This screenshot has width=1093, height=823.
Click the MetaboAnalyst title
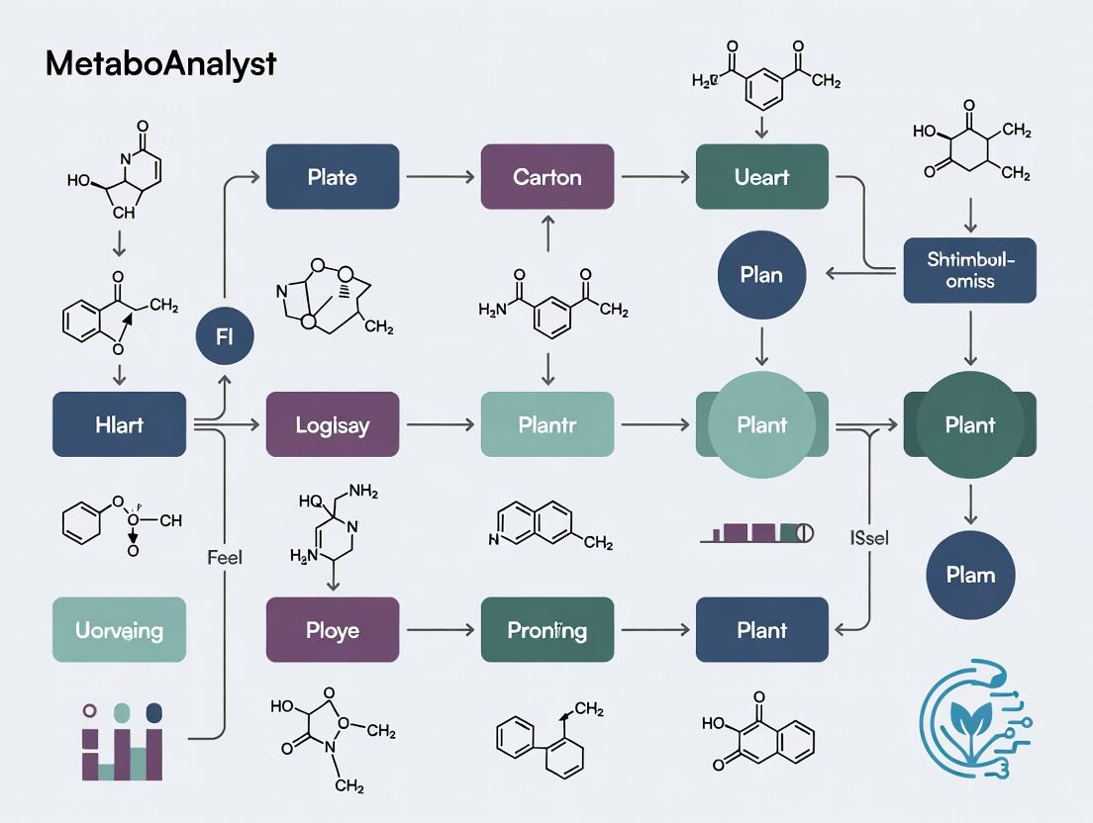pyautogui.click(x=160, y=63)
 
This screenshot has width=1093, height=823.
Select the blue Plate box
pyautogui.click(x=333, y=177)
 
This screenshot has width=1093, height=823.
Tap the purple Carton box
pyautogui.click(x=547, y=177)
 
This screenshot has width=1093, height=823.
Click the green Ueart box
pyautogui.click(x=761, y=177)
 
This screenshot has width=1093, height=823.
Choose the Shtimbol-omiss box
pyautogui.click(x=969, y=270)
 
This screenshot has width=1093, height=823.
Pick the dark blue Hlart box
pyautogui.click(x=119, y=424)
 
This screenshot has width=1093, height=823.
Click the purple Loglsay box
pyautogui.click(x=333, y=424)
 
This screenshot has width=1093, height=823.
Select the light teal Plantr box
pyautogui.click(x=547, y=424)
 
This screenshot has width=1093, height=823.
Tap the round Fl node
pyautogui.click(x=224, y=336)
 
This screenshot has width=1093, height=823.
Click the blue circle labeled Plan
pyautogui.click(x=761, y=274)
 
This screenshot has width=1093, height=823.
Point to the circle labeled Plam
pyautogui.click(x=970, y=575)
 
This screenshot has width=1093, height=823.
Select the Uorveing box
pyautogui.click(x=119, y=629)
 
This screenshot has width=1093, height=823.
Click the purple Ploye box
pyautogui.click(x=333, y=629)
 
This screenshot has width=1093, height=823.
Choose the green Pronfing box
pyautogui.click(x=547, y=629)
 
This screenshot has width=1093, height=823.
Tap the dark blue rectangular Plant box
pyautogui.click(x=761, y=629)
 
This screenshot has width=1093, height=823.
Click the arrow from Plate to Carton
pyautogui.click(x=440, y=177)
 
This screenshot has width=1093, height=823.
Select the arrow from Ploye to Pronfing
pyautogui.click(x=440, y=629)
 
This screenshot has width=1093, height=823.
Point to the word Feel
pyautogui.click(x=225, y=557)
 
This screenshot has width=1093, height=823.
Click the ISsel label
pyautogui.click(x=869, y=538)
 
